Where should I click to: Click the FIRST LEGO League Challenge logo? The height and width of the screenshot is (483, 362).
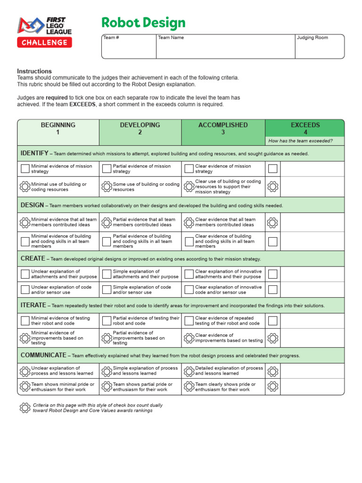coord(45,32)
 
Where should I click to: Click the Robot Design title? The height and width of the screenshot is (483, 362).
coord(144,23)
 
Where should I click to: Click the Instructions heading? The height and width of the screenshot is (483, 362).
coord(34,71)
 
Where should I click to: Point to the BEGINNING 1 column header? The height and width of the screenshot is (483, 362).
coord(58,128)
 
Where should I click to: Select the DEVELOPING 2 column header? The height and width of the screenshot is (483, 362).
coord(140,128)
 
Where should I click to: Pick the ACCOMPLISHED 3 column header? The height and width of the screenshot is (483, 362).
coord(223,128)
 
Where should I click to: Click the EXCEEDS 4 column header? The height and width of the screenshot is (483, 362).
coord(305,128)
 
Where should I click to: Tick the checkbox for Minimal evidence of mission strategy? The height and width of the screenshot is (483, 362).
coord(25,169)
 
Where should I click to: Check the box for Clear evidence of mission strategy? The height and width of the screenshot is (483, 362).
coord(189,169)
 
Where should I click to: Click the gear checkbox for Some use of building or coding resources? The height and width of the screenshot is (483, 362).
coord(107,187)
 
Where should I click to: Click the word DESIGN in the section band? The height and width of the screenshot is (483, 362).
coord(32,205)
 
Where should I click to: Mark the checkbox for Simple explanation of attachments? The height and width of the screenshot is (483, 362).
coord(107,274)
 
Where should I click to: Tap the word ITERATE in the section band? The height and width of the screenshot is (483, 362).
coord(33,305)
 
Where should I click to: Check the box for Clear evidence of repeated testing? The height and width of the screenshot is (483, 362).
coord(189,321)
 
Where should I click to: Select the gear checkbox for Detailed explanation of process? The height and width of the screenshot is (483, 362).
coord(189,371)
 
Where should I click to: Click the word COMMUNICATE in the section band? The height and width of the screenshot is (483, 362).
coord(43,355)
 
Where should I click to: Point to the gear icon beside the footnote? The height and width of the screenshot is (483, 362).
coord(25,408)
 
